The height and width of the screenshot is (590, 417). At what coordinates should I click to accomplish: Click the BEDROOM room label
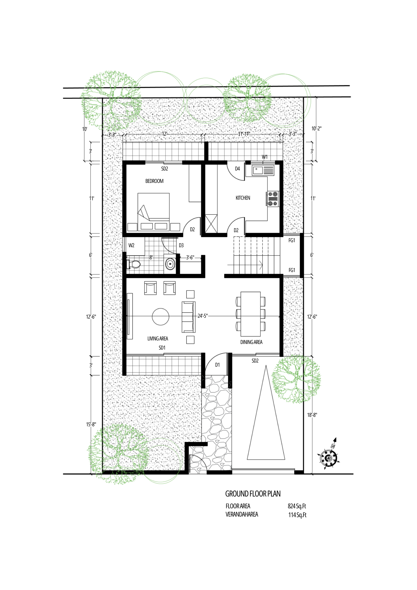(154, 181)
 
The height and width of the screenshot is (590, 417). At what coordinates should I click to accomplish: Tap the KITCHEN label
(243, 198)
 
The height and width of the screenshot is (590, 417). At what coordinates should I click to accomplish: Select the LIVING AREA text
(158, 338)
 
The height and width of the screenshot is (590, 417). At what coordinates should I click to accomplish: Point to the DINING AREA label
(251, 342)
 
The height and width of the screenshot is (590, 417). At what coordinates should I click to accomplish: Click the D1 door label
(217, 365)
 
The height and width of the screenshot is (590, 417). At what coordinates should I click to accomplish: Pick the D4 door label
(237, 168)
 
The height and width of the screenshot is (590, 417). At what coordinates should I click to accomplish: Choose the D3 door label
(181, 245)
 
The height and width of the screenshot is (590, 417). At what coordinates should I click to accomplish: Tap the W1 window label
(265, 157)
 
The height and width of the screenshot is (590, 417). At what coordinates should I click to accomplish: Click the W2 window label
(131, 245)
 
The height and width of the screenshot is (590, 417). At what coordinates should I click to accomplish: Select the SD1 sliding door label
(162, 348)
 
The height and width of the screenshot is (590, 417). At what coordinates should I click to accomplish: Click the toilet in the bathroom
(133, 264)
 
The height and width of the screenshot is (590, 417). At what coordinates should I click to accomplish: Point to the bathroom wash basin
(170, 264)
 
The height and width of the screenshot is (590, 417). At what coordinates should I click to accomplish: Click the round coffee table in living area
(161, 317)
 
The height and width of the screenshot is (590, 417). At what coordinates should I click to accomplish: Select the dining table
(251, 314)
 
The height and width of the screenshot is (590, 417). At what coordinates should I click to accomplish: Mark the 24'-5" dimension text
(203, 316)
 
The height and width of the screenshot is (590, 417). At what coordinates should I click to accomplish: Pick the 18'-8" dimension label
(312, 415)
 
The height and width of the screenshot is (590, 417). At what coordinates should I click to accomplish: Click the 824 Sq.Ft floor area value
(297, 506)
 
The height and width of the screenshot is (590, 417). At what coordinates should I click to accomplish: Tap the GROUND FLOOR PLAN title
(253, 494)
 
